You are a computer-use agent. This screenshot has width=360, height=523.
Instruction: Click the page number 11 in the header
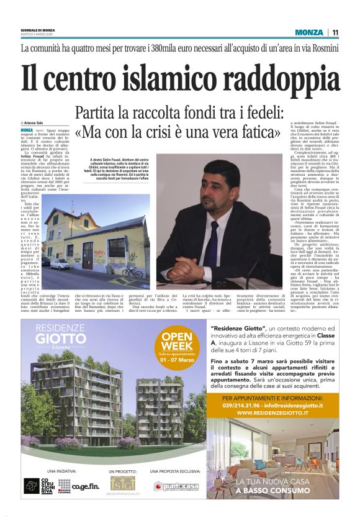point(335,32)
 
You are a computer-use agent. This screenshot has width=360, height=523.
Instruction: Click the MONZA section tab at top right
point(309,32)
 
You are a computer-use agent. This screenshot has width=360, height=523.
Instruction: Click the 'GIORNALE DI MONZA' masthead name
point(38,29)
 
